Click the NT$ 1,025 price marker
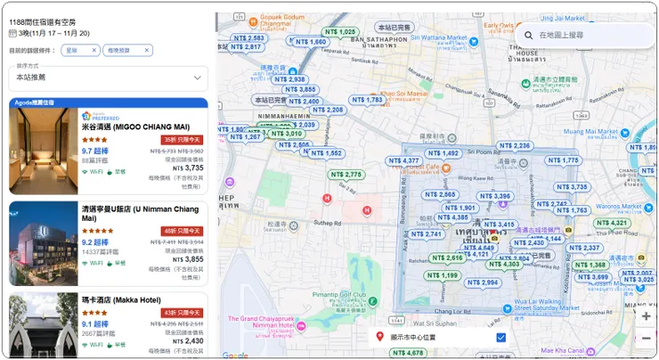pos(338,32)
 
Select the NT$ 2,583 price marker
pos(248,38)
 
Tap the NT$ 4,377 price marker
pos(404,161)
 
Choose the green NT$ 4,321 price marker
pos(613,223)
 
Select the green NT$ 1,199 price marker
pos(443,275)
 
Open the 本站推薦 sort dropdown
pos(108,78)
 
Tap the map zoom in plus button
pos(646,315)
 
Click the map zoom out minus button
pos(646,338)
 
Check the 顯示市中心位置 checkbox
pos(501,337)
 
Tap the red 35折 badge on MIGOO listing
pos(182,140)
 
